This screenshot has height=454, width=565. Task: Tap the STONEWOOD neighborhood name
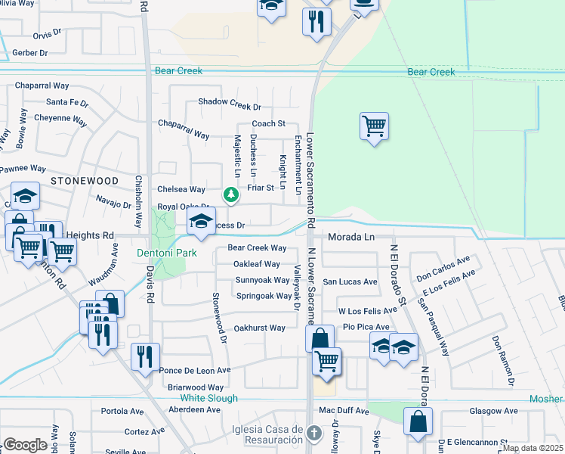(85, 182)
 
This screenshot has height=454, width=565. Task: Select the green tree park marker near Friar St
(231, 196)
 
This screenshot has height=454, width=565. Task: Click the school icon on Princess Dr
(200, 222)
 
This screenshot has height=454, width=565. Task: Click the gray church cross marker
(316, 433)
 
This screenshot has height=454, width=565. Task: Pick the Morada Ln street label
(350, 237)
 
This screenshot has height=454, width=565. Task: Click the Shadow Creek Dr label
(229, 102)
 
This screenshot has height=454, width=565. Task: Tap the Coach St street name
(268, 123)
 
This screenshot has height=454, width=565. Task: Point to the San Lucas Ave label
(350, 281)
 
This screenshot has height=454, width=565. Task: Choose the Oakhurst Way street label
(259, 328)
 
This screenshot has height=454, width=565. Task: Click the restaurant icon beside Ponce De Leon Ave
(144, 356)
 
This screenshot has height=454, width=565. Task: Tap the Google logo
(25, 444)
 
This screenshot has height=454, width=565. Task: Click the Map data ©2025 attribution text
(532, 448)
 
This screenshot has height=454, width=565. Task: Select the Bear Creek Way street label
(257, 248)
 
